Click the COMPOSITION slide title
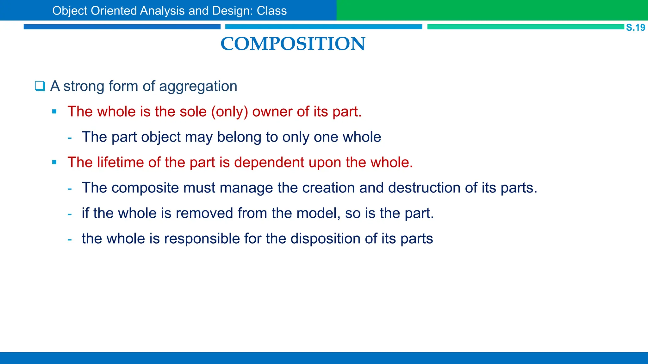293,44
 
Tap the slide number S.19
635,27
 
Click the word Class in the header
271,11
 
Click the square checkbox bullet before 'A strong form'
40,86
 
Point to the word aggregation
198,87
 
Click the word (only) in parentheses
229,112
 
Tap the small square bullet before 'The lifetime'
54,162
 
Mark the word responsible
202,239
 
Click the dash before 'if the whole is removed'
70,214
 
